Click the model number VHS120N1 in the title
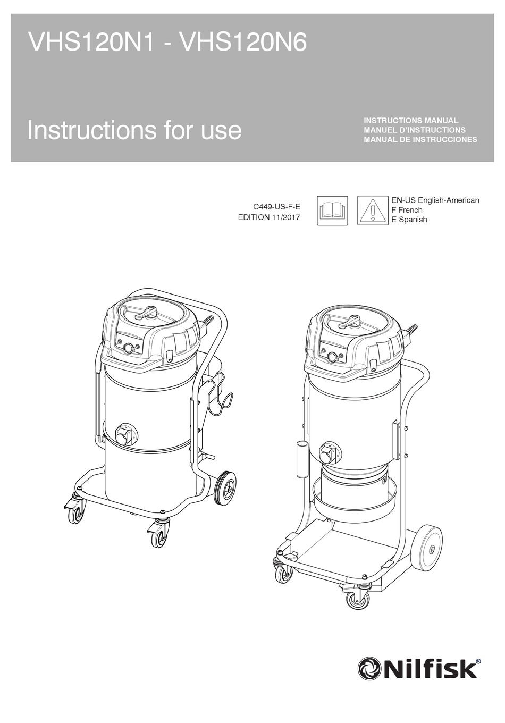(91, 42)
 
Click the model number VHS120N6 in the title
(243, 42)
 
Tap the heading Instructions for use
(134, 130)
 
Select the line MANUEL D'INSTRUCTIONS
(414, 130)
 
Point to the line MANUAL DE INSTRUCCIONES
(420, 140)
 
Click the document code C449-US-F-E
(276, 207)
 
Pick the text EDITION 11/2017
(269, 217)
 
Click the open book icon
(332, 211)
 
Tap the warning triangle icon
(373, 211)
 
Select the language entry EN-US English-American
(435, 200)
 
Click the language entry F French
(407, 210)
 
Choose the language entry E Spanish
(409, 220)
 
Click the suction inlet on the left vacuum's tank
(126, 434)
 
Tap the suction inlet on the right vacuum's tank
(329, 453)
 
